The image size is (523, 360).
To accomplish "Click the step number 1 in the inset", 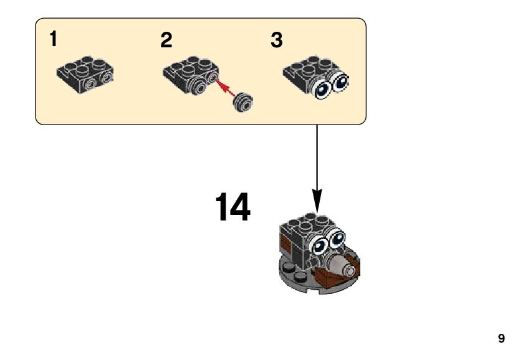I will [x=54, y=40].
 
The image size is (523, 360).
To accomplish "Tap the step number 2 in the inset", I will [x=166, y=41].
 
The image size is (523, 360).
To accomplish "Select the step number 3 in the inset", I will [x=277, y=40].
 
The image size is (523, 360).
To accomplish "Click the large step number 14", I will [x=233, y=207].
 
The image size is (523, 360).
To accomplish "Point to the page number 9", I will [x=501, y=339].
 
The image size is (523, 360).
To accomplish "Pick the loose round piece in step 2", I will [x=242, y=101].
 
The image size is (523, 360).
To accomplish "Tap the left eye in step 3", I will [x=323, y=90].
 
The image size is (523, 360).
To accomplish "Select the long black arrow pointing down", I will [x=317, y=168].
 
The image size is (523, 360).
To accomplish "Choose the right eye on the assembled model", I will [x=337, y=237].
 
